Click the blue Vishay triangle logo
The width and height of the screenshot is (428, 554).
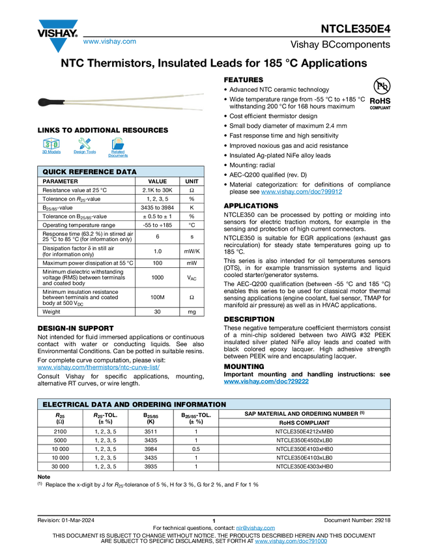[59, 46]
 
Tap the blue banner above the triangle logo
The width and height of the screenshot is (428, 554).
[58, 25]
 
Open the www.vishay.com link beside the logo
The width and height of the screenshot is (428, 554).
[109, 42]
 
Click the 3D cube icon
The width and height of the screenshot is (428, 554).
[51, 143]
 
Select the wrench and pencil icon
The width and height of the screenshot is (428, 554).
[84, 143]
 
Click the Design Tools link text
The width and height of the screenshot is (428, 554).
[84, 152]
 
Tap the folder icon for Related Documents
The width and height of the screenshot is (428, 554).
[118, 143]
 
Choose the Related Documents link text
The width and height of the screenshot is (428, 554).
[118, 154]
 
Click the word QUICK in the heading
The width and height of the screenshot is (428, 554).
[54, 172]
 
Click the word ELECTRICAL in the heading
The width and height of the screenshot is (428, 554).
[64, 405]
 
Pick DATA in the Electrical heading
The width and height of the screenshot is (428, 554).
[100, 405]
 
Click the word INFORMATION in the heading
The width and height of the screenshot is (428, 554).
[201, 405]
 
